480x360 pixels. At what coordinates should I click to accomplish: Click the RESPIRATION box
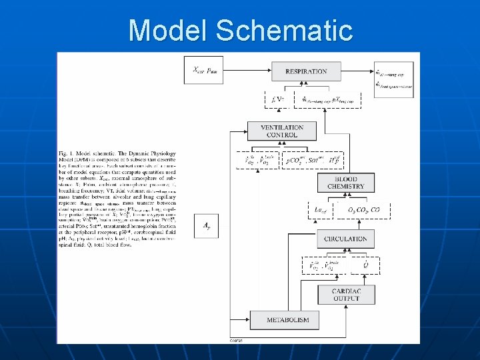[306, 71]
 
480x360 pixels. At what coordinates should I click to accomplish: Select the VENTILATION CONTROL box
[282, 131]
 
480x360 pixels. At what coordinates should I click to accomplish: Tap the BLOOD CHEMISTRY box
[346, 183]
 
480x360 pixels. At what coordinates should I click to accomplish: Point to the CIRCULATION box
[345, 238]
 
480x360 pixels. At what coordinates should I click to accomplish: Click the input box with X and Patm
[204, 69]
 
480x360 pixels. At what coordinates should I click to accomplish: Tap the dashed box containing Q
[364, 265]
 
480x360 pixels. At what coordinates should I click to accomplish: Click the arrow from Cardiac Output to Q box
[364, 279]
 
